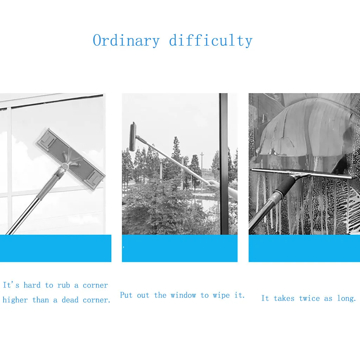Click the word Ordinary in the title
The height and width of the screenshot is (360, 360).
126,41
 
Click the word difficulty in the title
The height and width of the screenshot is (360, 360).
211,41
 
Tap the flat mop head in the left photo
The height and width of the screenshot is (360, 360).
70,159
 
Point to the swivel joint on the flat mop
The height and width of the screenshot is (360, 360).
64,166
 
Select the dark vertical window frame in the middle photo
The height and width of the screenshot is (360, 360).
224,163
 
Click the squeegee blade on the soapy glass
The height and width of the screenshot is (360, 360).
304,174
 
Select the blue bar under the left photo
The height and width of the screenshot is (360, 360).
56,248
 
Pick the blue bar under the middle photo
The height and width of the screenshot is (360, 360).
180,248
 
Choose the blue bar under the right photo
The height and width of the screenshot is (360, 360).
304,248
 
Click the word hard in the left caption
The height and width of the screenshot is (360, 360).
32,285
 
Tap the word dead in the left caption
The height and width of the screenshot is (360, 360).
70,300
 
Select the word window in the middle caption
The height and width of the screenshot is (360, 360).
183,295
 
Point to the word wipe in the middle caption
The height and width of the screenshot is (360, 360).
221,296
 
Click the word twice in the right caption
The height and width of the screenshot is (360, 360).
309,298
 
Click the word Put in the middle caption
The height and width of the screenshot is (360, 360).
126,295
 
